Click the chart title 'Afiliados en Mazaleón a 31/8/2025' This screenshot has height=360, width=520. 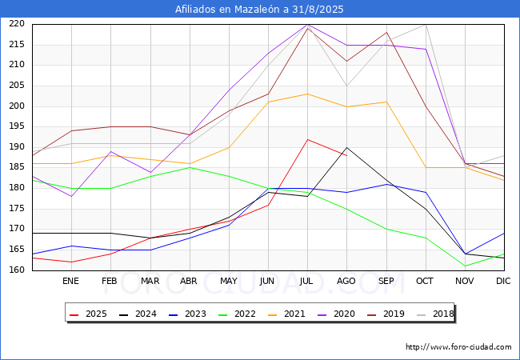point(259,10)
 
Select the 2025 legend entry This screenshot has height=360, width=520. point(88,314)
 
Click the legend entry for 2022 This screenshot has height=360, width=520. point(237,314)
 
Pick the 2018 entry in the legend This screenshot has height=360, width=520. point(435,314)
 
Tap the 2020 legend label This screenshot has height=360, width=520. point(336,314)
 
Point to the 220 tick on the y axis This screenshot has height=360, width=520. point(17,24)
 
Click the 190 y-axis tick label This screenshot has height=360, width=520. point(17,147)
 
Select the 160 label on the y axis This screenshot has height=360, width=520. point(17,270)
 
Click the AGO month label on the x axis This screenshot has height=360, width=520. point(346,281)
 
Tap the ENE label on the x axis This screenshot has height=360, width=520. point(70,281)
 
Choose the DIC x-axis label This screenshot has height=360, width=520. point(503,281)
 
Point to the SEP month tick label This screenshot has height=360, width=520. point(386,281)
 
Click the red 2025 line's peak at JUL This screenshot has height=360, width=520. point(308,139)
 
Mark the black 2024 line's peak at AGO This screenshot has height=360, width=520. point(347,147)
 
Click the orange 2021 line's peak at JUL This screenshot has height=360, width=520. point(308,94)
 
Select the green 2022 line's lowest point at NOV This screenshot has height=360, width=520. point(466,266)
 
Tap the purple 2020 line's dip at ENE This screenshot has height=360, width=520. point(71,196)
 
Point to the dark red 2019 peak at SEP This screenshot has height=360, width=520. point(386,32)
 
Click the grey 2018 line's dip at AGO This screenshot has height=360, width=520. point(347,86)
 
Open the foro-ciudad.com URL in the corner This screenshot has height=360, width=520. point(458,347)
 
